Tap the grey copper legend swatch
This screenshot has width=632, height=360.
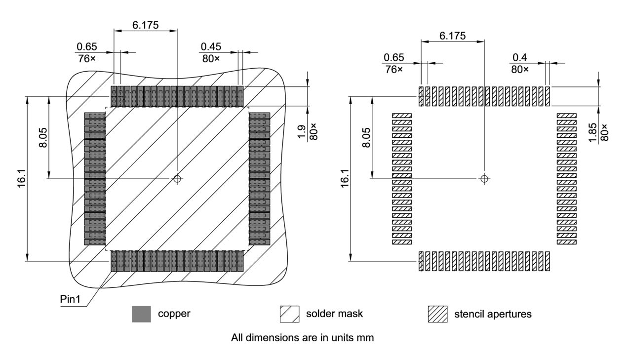coord(141,314)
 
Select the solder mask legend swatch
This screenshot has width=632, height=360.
coord(289,314)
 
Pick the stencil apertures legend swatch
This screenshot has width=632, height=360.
coord(437,314)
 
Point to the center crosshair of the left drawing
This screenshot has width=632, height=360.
coord(177,178)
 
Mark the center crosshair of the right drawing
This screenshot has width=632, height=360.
coord(484,178)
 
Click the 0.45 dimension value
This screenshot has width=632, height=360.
coord(211,47)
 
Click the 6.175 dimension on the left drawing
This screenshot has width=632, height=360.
coord(145,25)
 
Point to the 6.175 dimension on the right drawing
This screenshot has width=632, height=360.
coord(452,37)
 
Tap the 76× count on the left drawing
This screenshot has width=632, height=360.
coord(86,58)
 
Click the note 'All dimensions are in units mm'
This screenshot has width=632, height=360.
coord(303,338)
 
